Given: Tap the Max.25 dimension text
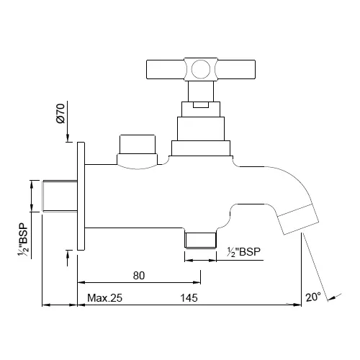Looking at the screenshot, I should pyautogui.click(x=106, y=297).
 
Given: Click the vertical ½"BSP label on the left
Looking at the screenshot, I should pyautogui.click(x=24, y=242).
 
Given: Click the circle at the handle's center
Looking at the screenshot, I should pyautogui.click(x=200, y=69).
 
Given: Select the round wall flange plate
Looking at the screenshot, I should pyautogui.click(x=81, y=196).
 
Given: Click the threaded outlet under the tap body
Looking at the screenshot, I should pyautogui.click(x=200, y=239).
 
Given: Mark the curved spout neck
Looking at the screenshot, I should pyautogui.click(x=277, y=184).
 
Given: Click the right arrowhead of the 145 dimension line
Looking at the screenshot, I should pyautogui.click(x=297, y=305).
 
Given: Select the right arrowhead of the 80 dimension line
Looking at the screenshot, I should pyautogui.click(x=197, y=282).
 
